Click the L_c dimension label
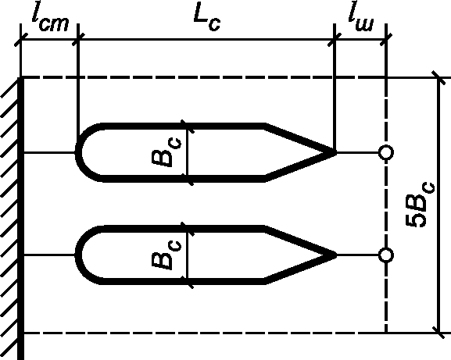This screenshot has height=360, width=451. point(207,17)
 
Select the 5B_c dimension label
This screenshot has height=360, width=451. point(421,205)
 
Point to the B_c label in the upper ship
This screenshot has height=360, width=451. point(166,152)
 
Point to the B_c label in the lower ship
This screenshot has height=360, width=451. point(166,255)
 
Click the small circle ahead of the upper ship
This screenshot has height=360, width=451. point(385,152)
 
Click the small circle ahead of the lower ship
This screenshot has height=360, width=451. point(385,255)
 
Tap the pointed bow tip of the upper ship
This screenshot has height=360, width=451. point(336,152)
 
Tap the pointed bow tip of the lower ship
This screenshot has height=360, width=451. point(336,255)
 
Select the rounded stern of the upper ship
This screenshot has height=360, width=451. point(78,152)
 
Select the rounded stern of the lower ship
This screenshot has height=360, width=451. point(78,255)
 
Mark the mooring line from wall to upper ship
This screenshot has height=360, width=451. point(49,152)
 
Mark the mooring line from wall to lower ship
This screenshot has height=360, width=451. point(49,255)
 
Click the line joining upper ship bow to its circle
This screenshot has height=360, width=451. point(357,152)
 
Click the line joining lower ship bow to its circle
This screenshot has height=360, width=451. point(357,255)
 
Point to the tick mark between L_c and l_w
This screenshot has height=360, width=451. point(335,39)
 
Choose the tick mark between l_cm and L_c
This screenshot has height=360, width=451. point(78,39)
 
